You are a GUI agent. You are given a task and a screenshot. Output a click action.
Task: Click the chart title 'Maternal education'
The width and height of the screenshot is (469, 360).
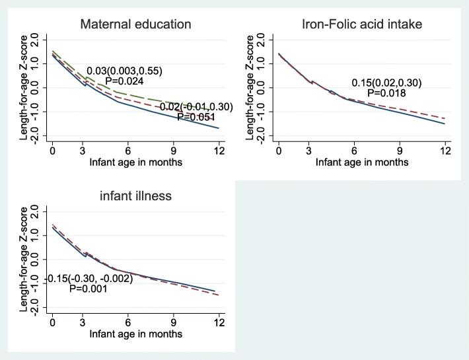pos(135,25)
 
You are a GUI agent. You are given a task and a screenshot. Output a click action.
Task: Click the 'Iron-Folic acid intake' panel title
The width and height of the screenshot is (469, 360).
pos(361,25)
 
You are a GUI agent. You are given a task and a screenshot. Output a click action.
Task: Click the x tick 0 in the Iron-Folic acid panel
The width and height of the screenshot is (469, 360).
pos(279,150)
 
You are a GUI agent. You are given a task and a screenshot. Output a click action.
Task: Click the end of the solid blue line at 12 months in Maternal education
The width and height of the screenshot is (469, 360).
pos(218,128)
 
